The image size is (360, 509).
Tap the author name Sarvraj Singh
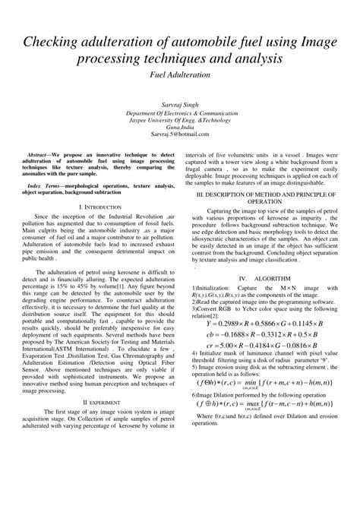coord(180,101)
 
